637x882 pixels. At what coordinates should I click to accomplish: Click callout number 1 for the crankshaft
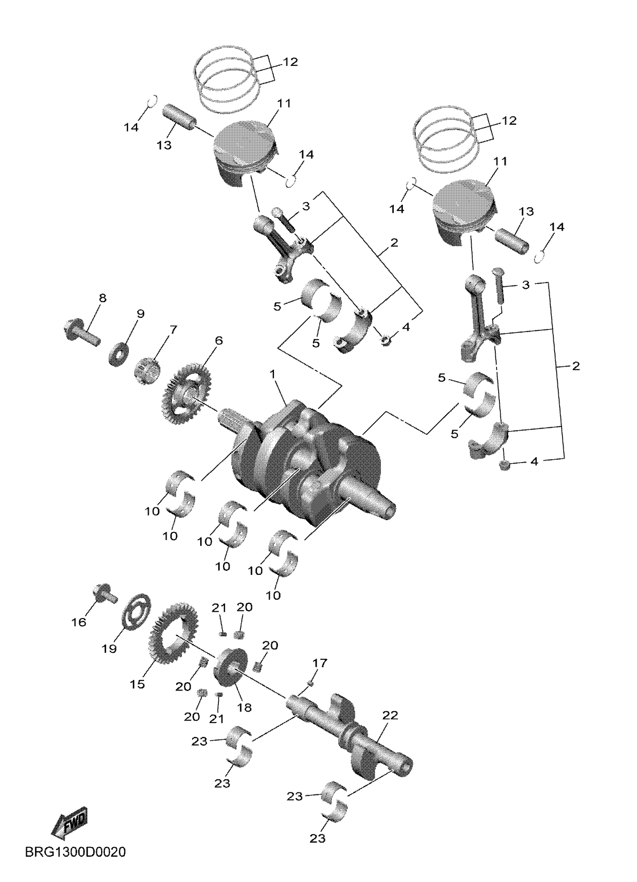[272, 374]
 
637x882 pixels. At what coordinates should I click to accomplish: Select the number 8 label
[102, 298]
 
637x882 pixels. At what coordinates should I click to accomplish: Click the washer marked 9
[119, 353]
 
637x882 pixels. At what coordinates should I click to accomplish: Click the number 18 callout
[245, 707]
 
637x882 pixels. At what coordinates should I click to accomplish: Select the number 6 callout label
[219, 341]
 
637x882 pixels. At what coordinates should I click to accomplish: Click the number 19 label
[109, 648]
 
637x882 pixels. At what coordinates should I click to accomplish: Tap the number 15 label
[138, 684]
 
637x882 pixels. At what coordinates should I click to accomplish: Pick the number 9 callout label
[141, 313]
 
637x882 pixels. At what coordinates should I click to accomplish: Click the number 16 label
[79, 622]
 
